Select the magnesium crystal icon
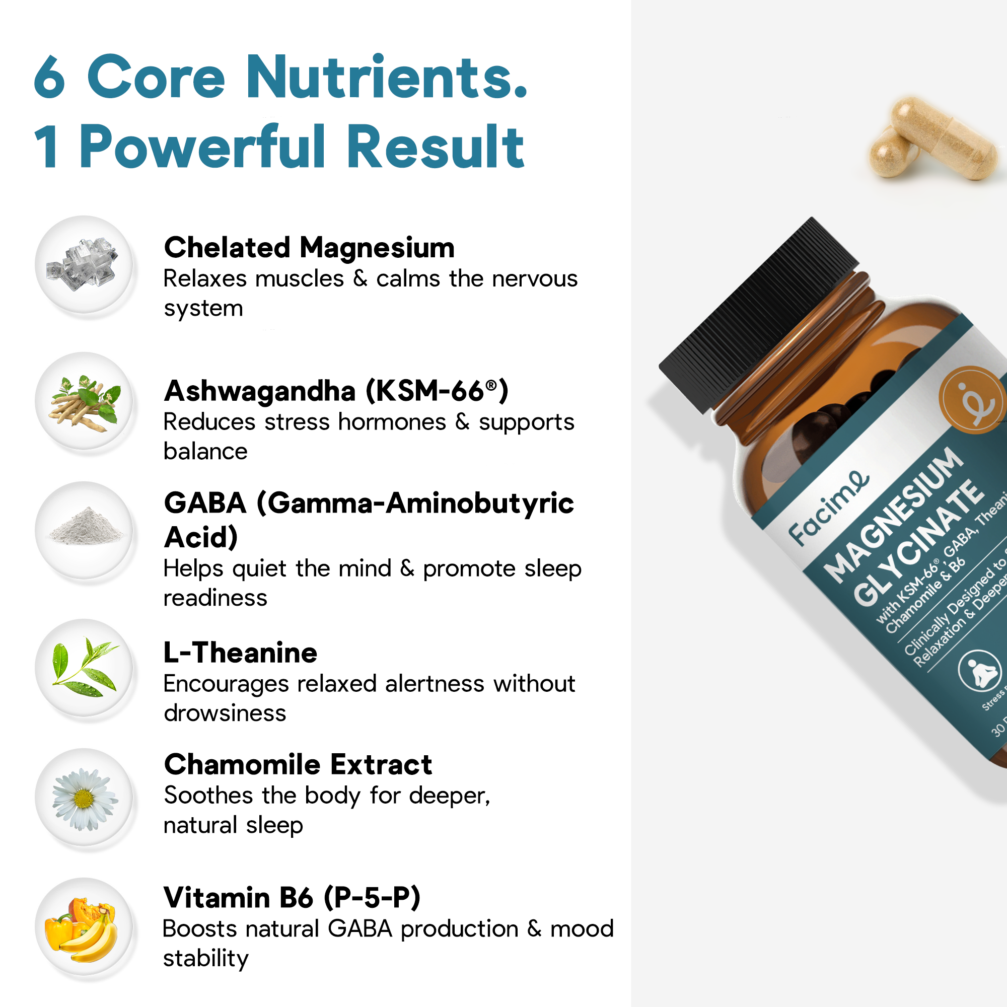[x=84, y=264]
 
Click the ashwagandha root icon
[x=84, y=401]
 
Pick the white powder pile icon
[x=84, y=530]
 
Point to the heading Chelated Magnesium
[x=309, y=248]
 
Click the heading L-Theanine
[x=240, y=653]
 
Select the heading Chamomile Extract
[x=298, y=765]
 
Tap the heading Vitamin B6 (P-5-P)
[x=292, y=898]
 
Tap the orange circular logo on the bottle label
[x=971, y=400]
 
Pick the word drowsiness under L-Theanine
[x=225, y=713]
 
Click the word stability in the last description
[x=206, y=958]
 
